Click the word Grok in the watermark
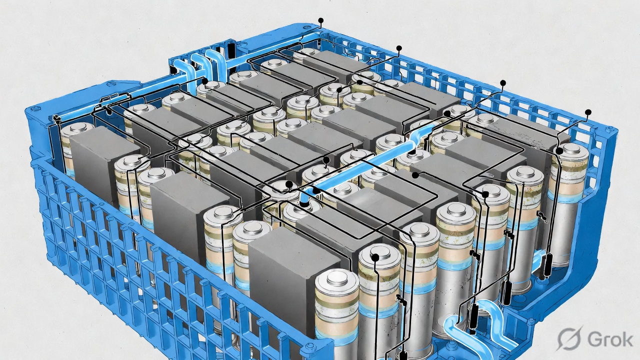tap(610, 339)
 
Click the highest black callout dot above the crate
tap(321, 20)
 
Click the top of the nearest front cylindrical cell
tap(337, 278)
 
